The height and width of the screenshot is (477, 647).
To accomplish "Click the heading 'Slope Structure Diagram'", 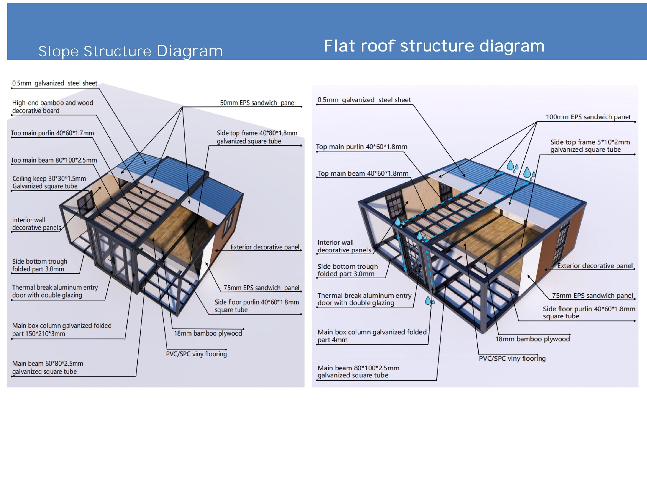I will click(130, 51).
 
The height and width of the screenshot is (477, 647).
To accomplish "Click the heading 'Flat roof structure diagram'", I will click(434, 46).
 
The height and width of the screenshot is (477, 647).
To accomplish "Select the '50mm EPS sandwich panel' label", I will click(257, 103).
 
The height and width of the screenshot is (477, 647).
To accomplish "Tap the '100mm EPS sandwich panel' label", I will click(588, 117).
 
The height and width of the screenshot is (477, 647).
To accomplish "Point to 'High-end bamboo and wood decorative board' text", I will click(52, 107).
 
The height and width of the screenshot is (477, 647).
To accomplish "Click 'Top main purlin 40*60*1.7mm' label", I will click(52, 133).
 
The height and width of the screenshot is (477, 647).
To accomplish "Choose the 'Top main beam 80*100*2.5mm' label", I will click(54, 160).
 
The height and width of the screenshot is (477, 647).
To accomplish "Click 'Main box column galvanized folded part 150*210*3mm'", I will click(62, 329).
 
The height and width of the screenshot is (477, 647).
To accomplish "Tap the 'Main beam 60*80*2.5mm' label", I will click(47, 367).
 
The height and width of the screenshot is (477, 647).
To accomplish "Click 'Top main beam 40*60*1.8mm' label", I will click(363, 174).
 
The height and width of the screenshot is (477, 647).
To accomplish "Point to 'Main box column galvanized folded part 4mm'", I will click(372, 336).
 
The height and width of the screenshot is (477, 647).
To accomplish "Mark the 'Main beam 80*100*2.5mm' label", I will click(358, 371).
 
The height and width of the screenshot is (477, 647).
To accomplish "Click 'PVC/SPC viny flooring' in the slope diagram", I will click(196, 354).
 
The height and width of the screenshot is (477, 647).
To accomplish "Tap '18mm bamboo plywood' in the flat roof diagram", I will click(532, 339).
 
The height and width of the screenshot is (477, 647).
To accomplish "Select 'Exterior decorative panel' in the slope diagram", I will click(265, 247).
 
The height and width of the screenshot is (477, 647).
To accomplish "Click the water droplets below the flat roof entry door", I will click(430, 301).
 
